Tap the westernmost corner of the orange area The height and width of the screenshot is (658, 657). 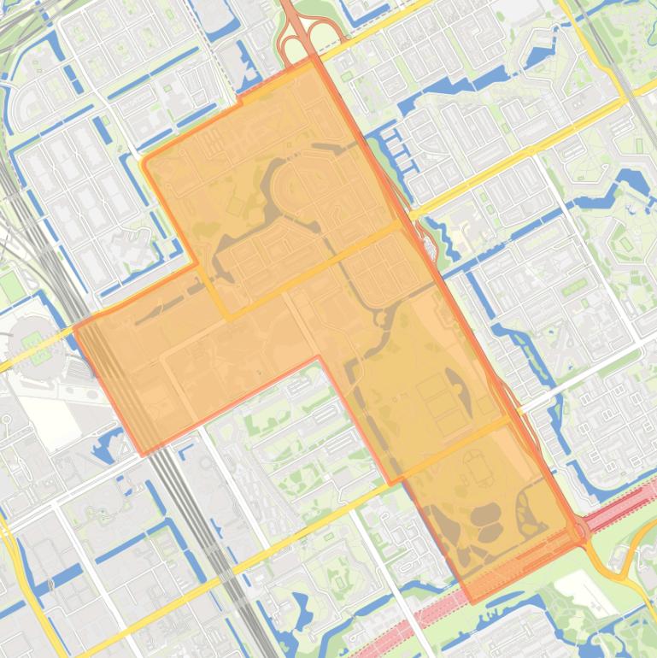pyautogui.click(x=75, y=326)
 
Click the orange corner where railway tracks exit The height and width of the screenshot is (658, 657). pyautogui.click(x=142, y=453)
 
